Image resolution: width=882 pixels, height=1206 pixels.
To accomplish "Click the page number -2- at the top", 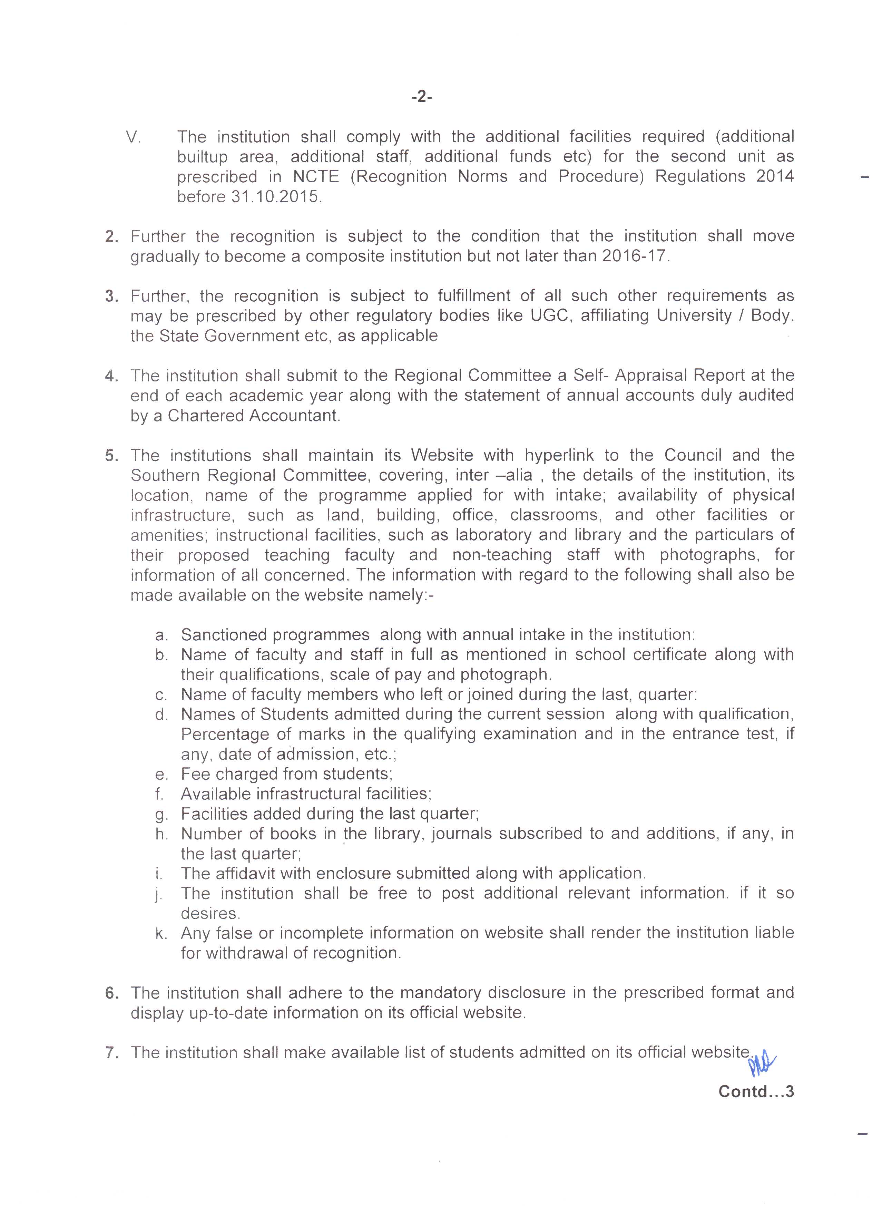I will (422, 97).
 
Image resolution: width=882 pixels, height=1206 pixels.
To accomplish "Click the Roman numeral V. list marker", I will (134, 137).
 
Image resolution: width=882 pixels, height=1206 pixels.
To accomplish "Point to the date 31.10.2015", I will (276, 197).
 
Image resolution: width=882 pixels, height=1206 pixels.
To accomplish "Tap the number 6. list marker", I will (111, 993).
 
